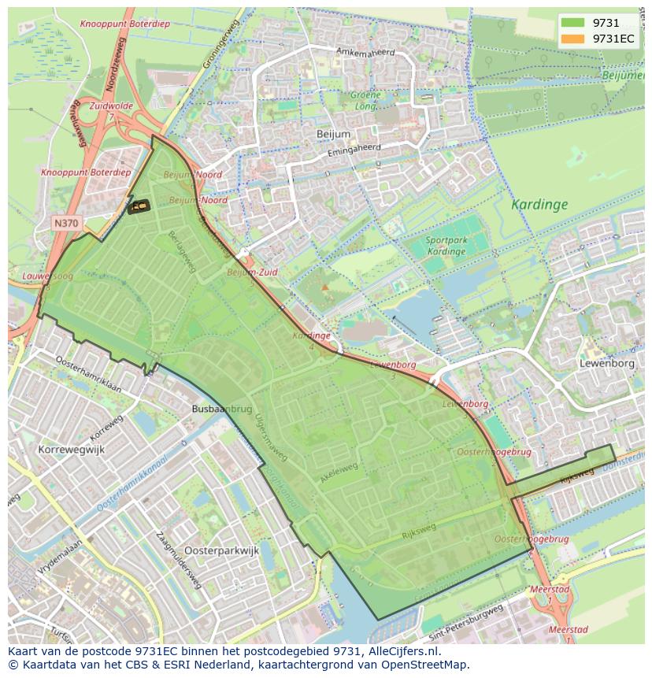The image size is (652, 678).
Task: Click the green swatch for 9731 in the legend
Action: (x=572, y=23)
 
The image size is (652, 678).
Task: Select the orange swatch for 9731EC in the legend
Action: (x=572, y=39)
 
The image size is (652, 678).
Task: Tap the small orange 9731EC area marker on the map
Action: (x=139, y=206)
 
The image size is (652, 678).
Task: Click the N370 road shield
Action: (x=65, y=224)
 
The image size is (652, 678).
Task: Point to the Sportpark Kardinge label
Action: (x=445, y=246)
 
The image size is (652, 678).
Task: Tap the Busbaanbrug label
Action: (x=221, y=409)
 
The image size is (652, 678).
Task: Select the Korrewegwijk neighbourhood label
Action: (x=71, y=450)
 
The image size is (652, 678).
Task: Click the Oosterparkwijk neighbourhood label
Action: (x=221, y=551)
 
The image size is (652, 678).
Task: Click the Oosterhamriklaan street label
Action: (x=88, y=373)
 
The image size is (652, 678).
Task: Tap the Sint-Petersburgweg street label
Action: (x=466, y=620)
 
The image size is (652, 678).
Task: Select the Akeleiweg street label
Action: (x=339, y=471)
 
